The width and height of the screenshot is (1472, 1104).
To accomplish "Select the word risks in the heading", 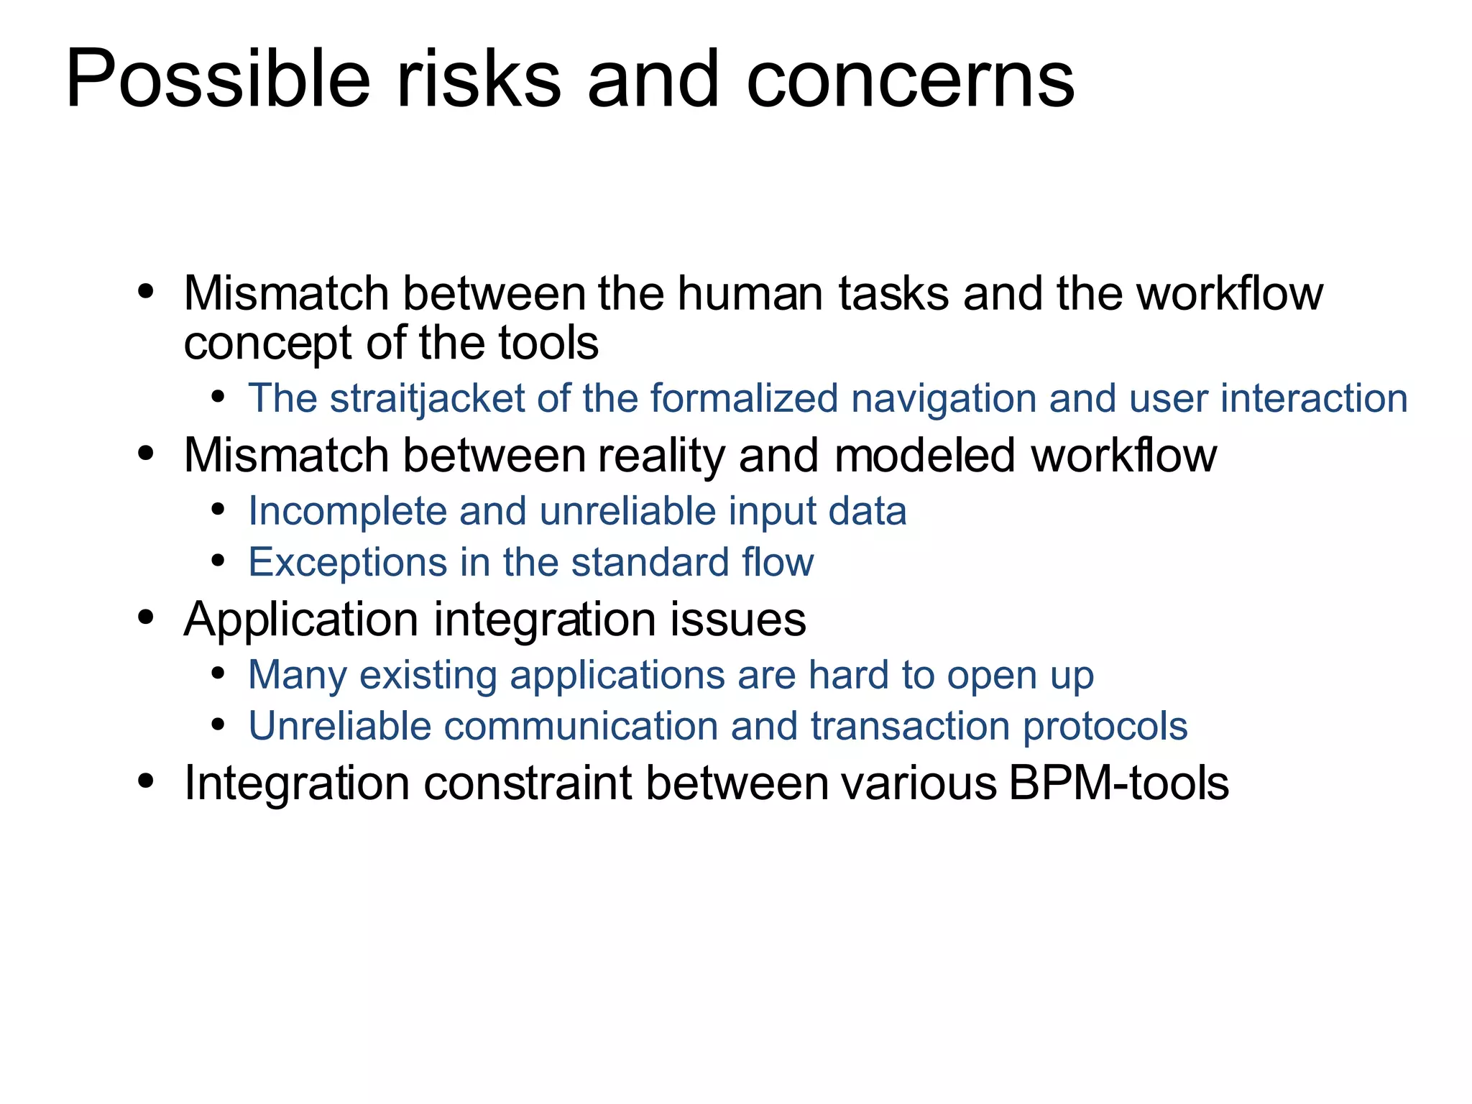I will [479, 79].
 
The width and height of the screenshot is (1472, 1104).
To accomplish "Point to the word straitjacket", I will [428, 399].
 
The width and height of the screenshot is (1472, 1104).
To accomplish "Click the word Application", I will [300, 620].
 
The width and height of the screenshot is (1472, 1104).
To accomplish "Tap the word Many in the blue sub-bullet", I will [297, 676].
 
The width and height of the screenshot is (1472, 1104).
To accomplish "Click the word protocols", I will [1105, 726].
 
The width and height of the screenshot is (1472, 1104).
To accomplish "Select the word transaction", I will [910, 726].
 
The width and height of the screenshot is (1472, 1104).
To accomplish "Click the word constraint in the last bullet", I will [528, 783].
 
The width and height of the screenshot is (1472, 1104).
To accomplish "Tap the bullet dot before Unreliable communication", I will [218, 724].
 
